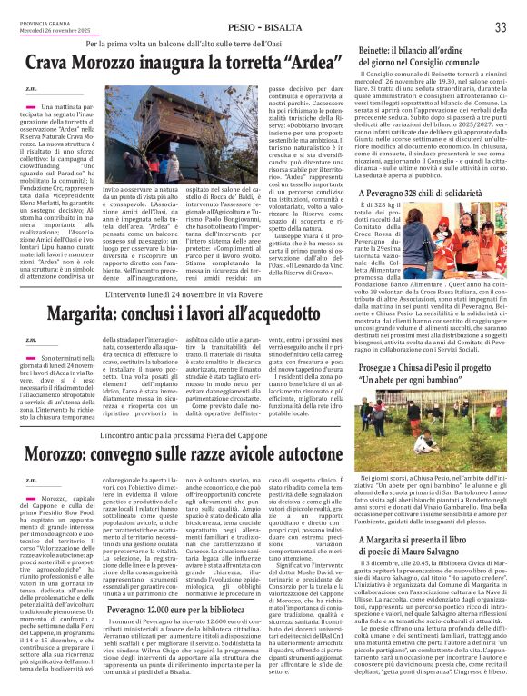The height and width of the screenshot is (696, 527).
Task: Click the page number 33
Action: [501, 28]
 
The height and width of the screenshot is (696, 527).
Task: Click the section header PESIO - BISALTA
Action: [263, 28]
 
